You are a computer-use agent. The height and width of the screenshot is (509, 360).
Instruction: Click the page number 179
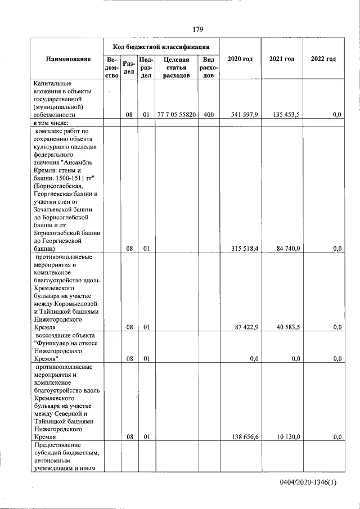pyautogui.click(x=197, y=29)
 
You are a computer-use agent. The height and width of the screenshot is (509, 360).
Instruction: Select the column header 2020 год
pyautogui.click(x=240, y=59)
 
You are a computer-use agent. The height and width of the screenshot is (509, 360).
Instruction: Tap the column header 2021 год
pyautogui.click(x=282, y=59)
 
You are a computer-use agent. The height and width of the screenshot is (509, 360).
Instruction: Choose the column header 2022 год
pyautogui.click(x=323, y=59)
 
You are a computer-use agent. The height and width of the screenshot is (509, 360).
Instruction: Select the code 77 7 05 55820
pyautogui.click(x=176, y=115)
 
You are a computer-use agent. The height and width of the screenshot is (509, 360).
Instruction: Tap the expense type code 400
pyautogui.click(x=209, y=115)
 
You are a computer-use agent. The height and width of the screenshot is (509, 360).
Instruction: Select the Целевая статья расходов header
pyautogui.click(x=176, y=67)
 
